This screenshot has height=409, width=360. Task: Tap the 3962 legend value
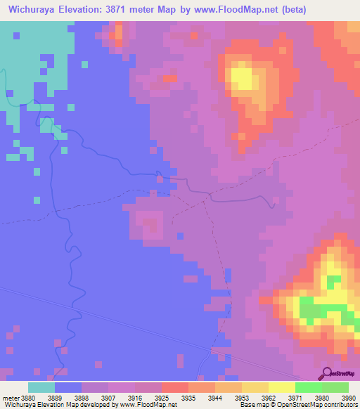click(267, 397)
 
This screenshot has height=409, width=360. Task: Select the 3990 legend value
click(348, 397)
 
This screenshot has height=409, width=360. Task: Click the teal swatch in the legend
click(41, 387)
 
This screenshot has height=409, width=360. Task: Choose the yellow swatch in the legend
click(281, 387)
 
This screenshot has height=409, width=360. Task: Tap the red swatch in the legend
click(175, 387)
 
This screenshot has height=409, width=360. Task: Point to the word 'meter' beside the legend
click(11, 397)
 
